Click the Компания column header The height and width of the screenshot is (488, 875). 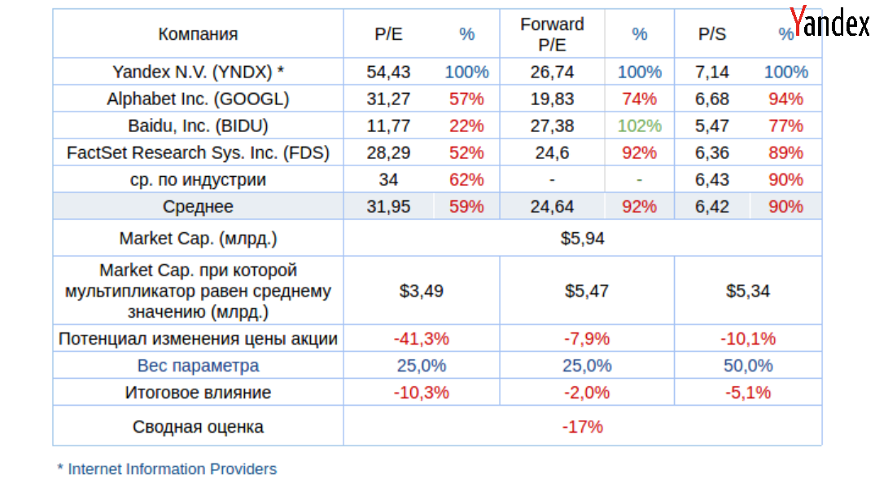(x=198, y=34)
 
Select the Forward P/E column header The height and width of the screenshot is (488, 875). (x=552, y=34)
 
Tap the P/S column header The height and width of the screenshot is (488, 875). (x=712, y=34)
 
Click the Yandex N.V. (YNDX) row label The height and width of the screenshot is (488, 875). (x=198, y=72)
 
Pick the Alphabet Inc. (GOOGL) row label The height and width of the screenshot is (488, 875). (x=198, y=99)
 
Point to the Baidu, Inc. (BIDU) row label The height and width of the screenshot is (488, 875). (x=198, y=125)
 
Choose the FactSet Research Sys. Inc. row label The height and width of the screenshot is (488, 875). (x=198, y=152)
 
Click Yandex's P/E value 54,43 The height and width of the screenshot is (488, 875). (x=388, y=72)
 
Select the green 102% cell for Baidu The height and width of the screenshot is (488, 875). (x=639, y=125)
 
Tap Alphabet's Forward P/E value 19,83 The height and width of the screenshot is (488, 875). (x=552, y=99)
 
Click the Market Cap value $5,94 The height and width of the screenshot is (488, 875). (x=583, y=239)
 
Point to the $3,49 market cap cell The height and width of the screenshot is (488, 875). (x=422, y=291)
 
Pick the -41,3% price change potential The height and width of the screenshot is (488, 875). (x=422, y=339)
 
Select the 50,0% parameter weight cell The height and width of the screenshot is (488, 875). (x=748, y=366)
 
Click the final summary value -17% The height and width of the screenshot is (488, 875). (x=583, y=426)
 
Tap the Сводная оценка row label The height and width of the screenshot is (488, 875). (x=198, y=426)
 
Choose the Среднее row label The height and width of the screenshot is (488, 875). (x=198, y=206)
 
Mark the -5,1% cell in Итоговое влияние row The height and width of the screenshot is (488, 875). (x=748, y=393)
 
